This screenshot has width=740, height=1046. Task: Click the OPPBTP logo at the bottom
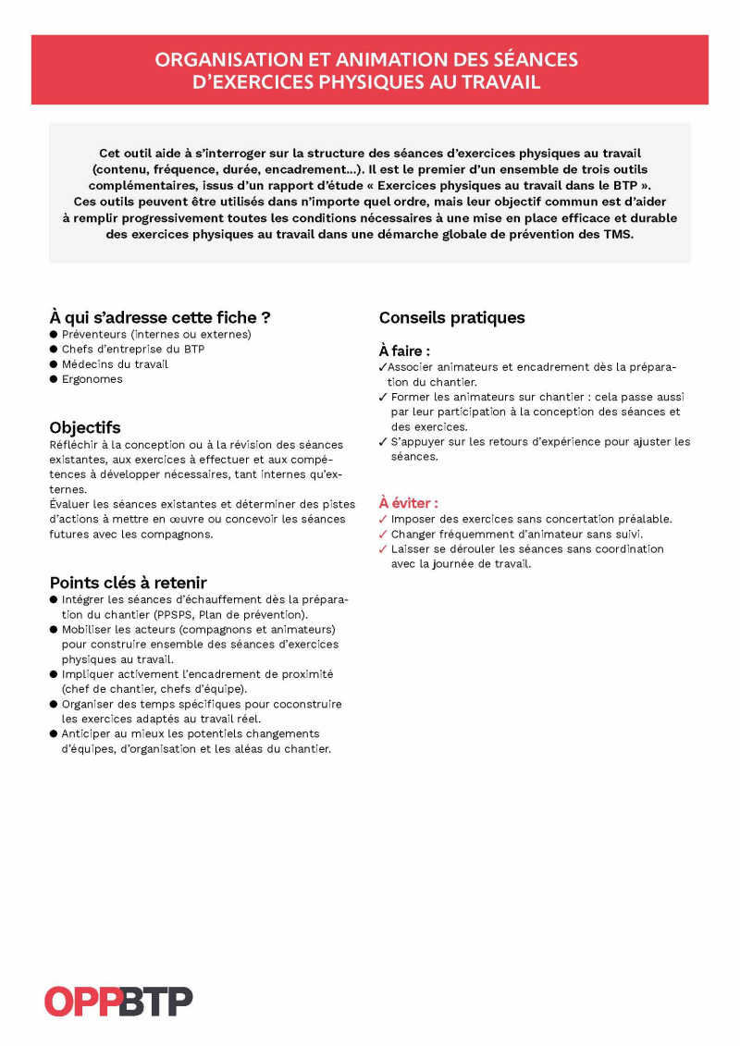click(118, 1002)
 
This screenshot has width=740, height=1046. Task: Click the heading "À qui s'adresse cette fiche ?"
click(159, 317)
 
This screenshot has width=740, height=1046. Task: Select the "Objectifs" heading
click(85, 427)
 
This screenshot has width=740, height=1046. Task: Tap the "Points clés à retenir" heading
click(128, 583)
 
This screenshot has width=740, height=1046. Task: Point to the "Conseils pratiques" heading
click(451, 317)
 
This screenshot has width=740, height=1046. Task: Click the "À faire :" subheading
click(404, 351)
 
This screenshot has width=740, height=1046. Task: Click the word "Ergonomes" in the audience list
click(92, 379)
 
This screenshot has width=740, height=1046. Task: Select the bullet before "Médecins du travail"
click(54, 364)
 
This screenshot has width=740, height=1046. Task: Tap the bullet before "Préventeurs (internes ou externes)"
click(54, 335)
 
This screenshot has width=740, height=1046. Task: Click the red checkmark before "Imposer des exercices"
click(383, 520)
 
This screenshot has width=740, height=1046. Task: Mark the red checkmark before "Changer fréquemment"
click(383, 535)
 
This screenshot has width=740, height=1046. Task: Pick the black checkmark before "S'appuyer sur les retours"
click(383, 442)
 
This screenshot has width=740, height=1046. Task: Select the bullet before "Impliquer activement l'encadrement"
click(54, 674)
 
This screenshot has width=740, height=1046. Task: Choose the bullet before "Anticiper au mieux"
click(54, 733)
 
